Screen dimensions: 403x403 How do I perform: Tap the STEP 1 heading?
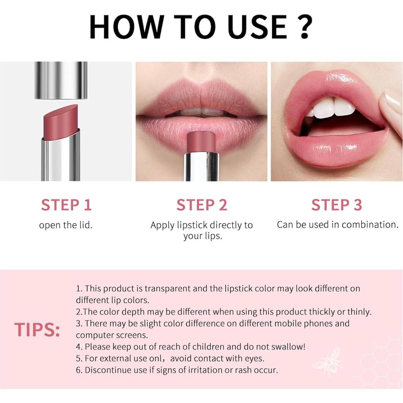coord(66,205)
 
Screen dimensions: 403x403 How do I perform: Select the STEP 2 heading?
coord(202,205)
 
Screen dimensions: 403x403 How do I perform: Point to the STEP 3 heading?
coord(337,205)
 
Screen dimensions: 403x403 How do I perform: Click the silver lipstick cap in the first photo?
coord(61,80)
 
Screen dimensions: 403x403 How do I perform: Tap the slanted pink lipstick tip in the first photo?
coord(61,121)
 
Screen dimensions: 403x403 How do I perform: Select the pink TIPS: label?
coord(37,330)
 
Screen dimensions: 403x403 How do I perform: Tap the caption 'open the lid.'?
coord(66,225)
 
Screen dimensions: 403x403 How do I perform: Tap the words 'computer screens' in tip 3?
coord(112,335)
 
